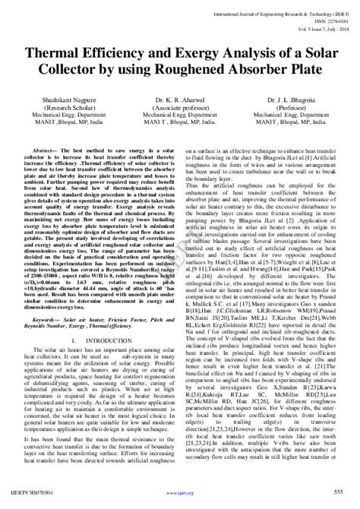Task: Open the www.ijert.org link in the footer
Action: pyautogui.click(x=180, y=495)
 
